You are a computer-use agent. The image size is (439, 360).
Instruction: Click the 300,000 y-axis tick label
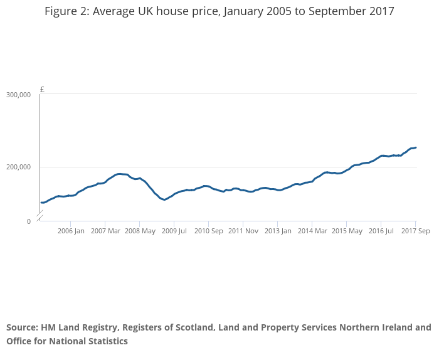18,95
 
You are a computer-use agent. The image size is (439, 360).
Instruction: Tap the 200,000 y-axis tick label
18,167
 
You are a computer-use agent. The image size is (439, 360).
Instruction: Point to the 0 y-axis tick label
29,221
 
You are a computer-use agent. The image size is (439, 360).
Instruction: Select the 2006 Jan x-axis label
71,231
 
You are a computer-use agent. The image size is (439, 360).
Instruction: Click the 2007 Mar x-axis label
105,231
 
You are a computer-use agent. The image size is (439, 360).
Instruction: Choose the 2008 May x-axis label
140,231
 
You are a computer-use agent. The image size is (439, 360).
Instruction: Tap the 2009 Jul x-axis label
174,231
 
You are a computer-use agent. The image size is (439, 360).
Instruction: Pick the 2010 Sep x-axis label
209,231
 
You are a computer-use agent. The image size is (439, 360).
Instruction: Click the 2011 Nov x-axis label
243,231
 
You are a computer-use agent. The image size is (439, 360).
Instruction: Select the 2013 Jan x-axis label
278,231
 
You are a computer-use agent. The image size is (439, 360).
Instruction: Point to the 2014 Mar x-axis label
312,231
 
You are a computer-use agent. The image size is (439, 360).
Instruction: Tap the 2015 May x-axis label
347,231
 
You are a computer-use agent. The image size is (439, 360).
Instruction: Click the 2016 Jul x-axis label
381,231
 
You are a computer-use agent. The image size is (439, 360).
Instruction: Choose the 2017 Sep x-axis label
415,231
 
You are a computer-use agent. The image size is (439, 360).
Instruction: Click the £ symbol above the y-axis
42,90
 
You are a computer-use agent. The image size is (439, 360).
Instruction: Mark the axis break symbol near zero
40,216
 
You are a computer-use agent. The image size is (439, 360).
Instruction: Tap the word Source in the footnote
22,327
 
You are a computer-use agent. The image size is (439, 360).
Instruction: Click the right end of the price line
415,147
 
